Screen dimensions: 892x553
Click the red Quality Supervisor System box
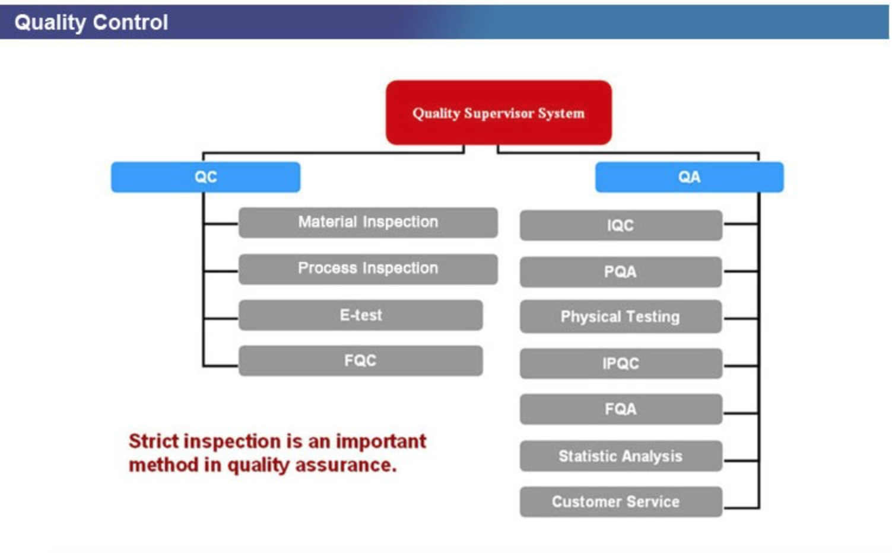[x=499, y=113]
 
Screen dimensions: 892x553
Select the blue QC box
[x=206, y=177]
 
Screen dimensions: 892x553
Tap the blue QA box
[x=689, y=177]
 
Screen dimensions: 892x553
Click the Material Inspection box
[x=368, y=222]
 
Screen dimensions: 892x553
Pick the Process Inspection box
[x=368, y=269]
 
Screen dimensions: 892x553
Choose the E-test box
[x=361, y=315]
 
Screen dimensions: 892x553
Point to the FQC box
[x=361, y=361]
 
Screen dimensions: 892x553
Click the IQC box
[x=621, y=225]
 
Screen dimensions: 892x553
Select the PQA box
[x=621, y=271]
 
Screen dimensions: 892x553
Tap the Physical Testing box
[x=621, y=317]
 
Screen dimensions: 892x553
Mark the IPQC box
[x=621, y=363]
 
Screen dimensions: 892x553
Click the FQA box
[x=621, y=409]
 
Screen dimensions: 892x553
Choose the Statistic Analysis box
[x=621, y=456]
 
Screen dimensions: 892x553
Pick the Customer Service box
[x=621, y=501]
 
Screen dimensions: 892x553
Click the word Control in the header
[x=131, y=23]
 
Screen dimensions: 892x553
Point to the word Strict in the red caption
[x=154, y=441]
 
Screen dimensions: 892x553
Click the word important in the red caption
[x=381, y=442]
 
